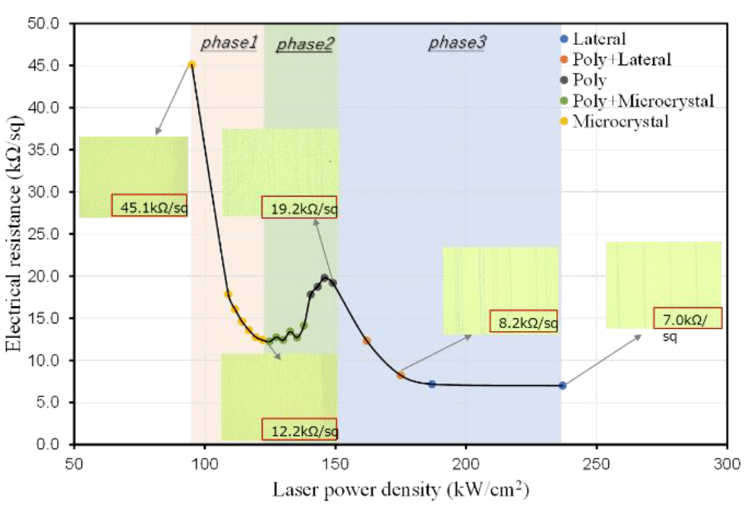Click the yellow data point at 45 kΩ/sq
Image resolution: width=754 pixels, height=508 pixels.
tap(191, 65)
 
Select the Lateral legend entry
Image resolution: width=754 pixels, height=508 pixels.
tap(600, 39)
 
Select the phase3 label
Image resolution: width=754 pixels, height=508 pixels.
tap(456, 43)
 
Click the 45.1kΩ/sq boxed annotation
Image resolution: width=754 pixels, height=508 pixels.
tap(149, 205)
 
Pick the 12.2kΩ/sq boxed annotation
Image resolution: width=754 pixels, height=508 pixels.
tap(299, 430)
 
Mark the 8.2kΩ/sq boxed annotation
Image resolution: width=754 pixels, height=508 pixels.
tap(524, 322)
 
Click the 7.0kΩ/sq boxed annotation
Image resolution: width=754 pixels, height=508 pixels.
tap(687, 317)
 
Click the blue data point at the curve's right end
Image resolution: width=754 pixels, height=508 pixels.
tap(563, 386)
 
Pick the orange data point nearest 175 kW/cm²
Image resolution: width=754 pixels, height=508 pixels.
tap(400, 375)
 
